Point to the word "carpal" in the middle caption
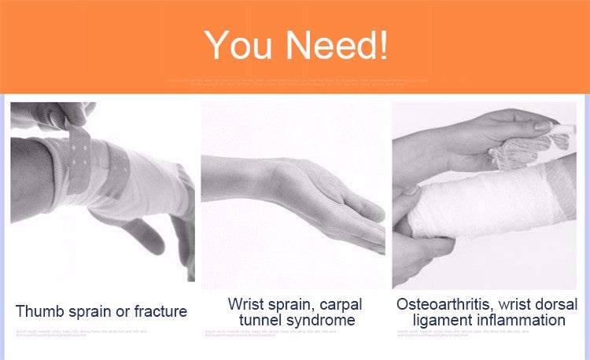[333, 303]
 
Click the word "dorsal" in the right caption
[551, 303]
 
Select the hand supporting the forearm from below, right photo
[417, 252]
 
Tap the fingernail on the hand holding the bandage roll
[543, 125]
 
